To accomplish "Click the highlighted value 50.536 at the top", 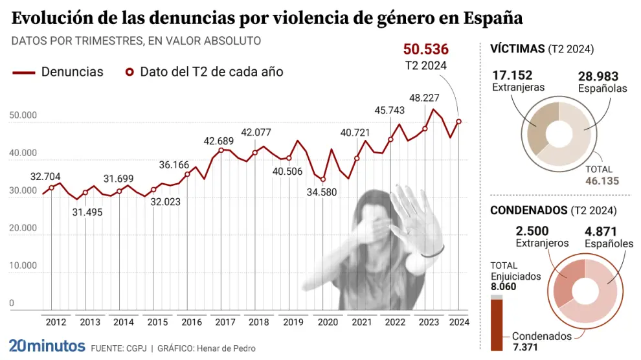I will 425,49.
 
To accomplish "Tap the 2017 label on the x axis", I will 225,322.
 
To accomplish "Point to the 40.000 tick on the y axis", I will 23,153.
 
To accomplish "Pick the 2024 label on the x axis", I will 458,322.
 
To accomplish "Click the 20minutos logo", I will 47,346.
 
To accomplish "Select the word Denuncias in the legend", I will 72,72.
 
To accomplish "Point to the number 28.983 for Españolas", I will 598,76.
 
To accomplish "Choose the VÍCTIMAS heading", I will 517,49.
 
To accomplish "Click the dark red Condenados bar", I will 497,325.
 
